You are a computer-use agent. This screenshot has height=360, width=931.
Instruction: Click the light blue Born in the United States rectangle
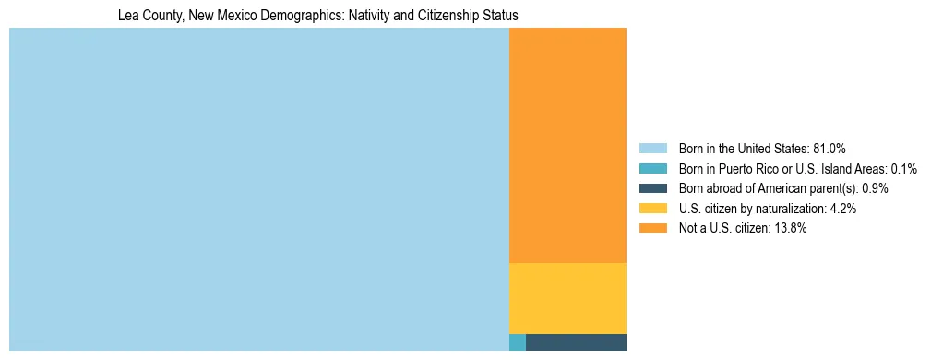pyautogui.click(x=258, y=189)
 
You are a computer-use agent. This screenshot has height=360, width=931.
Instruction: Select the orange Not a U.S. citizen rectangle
pyautogui.click(x=567, y=145)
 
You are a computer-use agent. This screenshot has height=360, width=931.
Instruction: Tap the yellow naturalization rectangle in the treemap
pyautogui.click(x=567, y=298)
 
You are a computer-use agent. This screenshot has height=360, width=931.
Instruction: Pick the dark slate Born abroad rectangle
pyautogui.click(x=576, y=342)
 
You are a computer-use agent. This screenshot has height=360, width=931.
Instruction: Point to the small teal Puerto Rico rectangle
pyautogui.click(x=517, y=342)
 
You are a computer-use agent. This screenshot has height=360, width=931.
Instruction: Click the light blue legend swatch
pyautogui.click(x=652, y=149)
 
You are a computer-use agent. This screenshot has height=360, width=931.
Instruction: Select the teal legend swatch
pyautogui.click(x=652, y=169)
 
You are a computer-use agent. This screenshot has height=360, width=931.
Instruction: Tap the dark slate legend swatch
pyautogui.click(x=652, y=188)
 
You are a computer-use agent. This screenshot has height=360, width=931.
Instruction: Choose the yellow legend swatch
pyautogui.click(x=652, y=209)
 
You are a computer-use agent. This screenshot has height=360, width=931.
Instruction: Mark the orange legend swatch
pyautogui.click(x=652, y=229)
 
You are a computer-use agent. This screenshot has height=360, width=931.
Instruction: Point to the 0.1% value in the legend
pyautogui.click(x=903, y=169)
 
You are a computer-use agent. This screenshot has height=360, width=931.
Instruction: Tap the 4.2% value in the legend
pyautogui.click(x=843, y=209)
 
